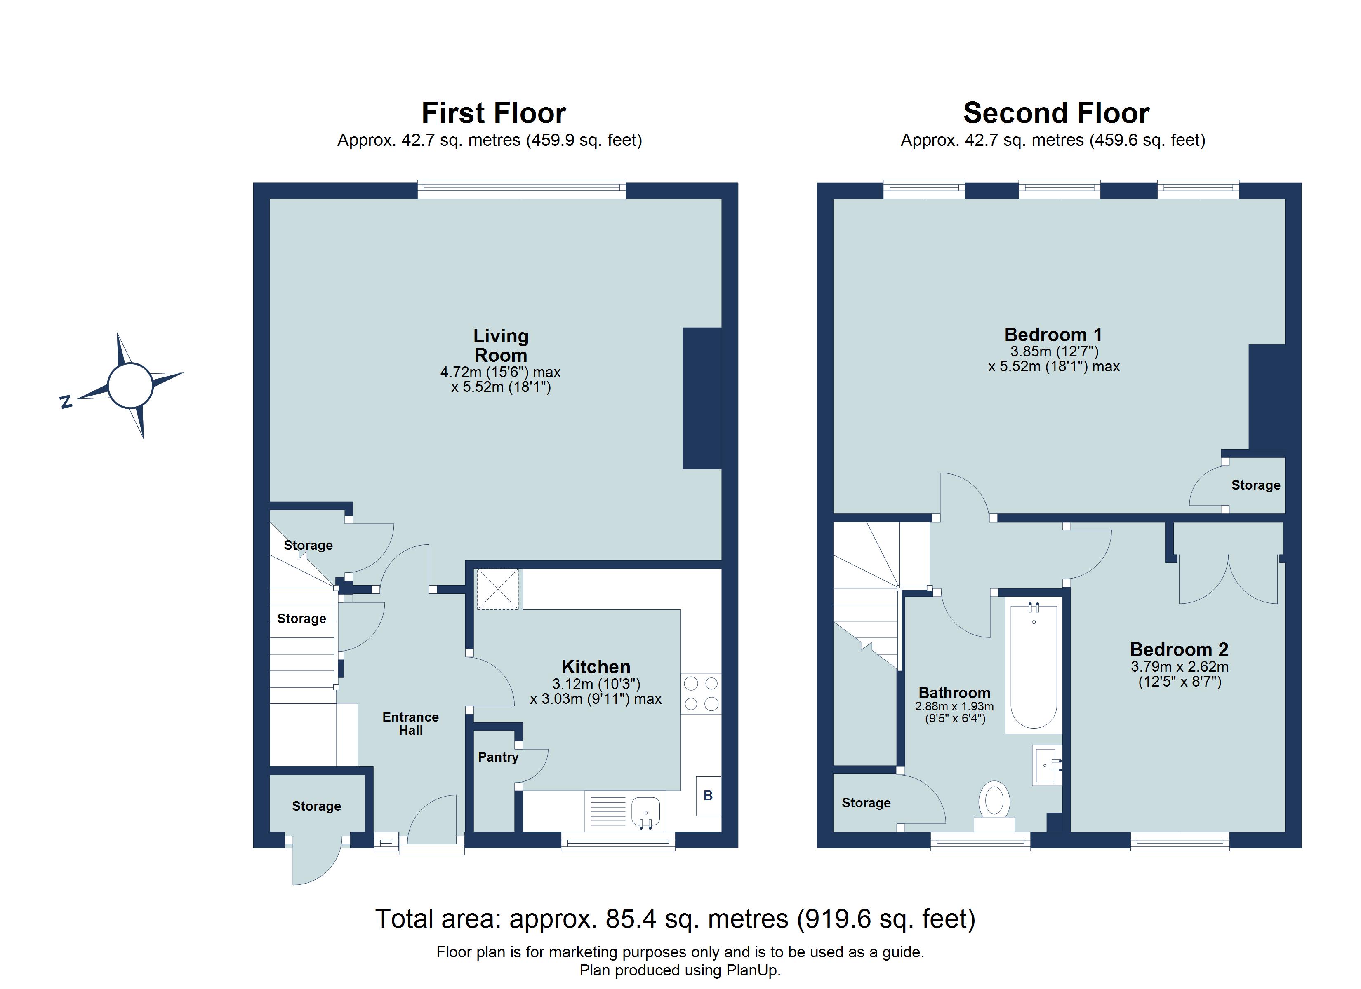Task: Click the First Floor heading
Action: (x=493, y=113)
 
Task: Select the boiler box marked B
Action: (x=708, y=796)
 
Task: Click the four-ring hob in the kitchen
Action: (x=701, y=693)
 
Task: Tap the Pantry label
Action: (x=498, y=757)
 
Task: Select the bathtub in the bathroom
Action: (x=1034, y=666)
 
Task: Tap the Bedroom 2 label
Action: (x=1179, y=649)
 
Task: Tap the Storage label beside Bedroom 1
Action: (x=1255, y=485)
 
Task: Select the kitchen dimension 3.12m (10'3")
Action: (x=596, y=684)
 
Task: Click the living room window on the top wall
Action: (x=521, y=190)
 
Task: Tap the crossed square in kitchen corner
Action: (x=497, y=590)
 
